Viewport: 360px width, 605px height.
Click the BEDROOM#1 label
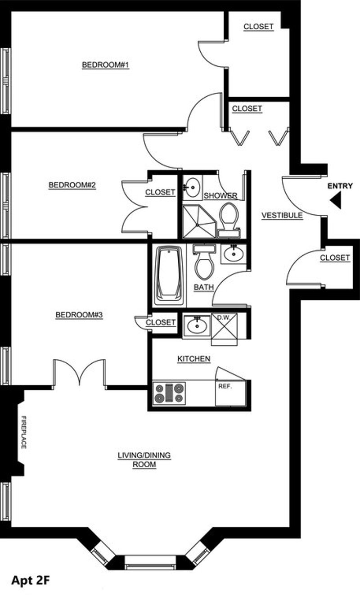click(x=106, y=65)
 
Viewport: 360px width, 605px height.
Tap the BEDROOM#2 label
click(x=72, y=185)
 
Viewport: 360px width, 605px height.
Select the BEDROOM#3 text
click(x=79, y=315)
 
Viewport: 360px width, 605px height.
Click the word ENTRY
click(x=340, y=186)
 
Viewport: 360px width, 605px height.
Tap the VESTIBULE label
click(x=282, y=216)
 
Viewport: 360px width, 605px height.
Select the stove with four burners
click(x=169, y=393)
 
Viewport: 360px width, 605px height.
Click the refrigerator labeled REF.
click(x=230, y=393)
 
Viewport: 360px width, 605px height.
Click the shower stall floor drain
click(x=198, y=225)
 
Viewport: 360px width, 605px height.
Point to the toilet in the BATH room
click(x=204, y=262)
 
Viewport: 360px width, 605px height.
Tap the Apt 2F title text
click(x=31, y=580)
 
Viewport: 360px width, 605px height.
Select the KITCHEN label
click(x=194, y=359)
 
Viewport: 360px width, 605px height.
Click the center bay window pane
click(x=150, y=563)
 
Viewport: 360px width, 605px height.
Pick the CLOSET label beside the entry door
click(x=335, y=258)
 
